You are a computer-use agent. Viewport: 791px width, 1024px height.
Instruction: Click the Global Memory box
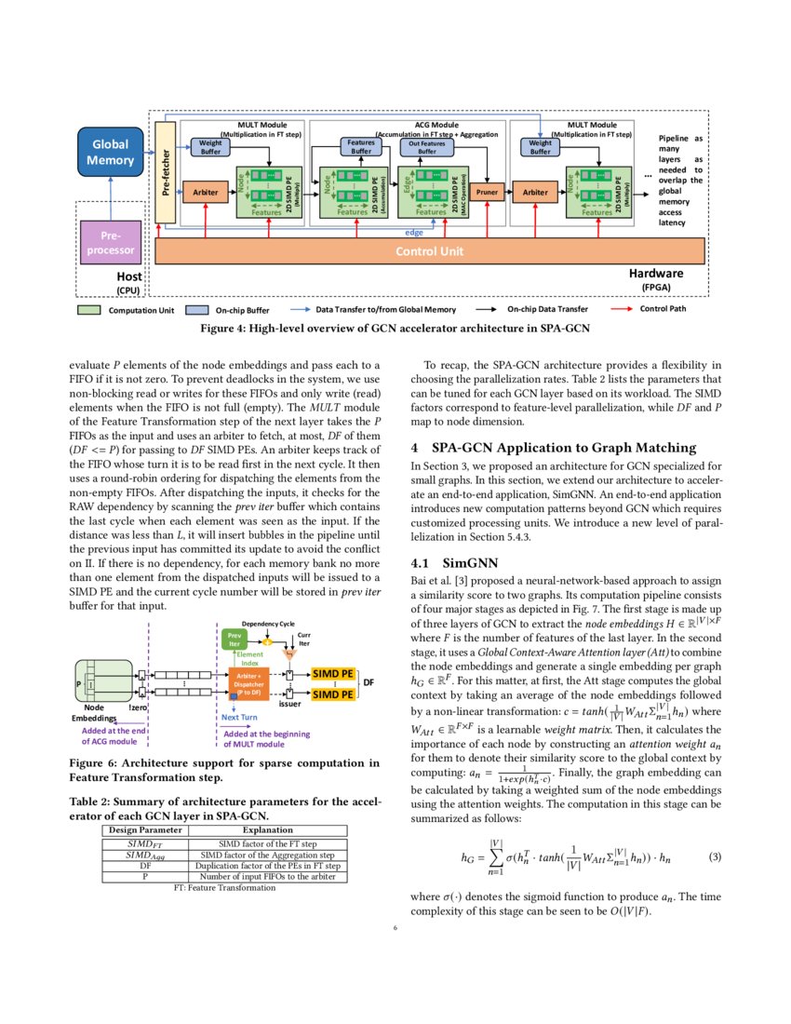[x=110, y=154]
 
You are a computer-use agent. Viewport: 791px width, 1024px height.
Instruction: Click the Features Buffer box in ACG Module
[x=361, y=147]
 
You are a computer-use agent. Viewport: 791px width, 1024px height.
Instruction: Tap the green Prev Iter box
[x=235, y=639]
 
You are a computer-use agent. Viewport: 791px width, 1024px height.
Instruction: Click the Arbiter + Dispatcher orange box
[x=248, y=683]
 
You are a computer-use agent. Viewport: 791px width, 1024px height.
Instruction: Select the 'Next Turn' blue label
[x=239, y=718]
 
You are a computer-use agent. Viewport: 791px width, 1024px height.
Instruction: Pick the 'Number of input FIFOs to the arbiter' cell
[x=268, y=876]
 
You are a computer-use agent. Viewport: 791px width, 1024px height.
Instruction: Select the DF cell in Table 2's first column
[x=145, y=865]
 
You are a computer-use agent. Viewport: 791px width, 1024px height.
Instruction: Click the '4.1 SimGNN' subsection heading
[x=449, y=562]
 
